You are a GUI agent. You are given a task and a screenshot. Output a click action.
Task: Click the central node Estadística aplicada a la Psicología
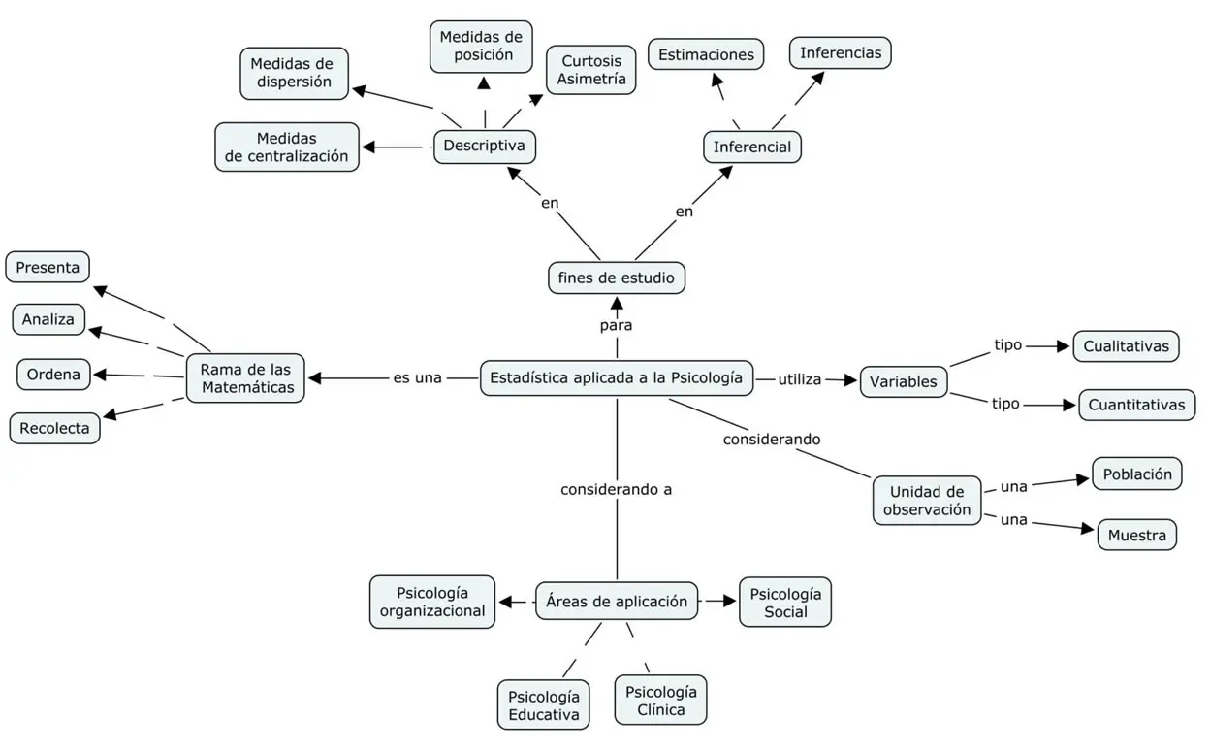(x=617, y=377)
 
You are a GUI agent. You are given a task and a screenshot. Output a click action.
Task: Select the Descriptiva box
(x=485, y=146)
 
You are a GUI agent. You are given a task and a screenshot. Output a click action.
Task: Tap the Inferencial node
(x=752, y=147)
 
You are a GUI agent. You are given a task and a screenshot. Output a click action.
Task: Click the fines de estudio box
(x=617, y=278)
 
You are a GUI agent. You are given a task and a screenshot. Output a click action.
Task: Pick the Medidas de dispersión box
(x=294, y=73)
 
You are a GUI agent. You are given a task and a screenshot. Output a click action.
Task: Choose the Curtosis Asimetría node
(x=591, y=70)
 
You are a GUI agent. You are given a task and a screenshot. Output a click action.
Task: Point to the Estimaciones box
(x=706, y=54)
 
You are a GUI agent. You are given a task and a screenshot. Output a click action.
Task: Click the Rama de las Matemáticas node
(x=246, y=377)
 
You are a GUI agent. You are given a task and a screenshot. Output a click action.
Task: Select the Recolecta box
(x=54, y=428)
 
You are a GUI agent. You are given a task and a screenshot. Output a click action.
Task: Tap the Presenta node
(x=48, y=267)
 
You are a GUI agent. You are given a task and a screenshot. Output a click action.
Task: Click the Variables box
(x=904, y=381)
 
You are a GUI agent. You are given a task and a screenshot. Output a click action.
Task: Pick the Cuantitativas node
(x=1136, y=405)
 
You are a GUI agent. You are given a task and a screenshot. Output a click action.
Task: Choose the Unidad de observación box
(x=927, y=500)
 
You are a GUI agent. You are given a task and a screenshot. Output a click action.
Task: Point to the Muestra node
(x=1136, y=536)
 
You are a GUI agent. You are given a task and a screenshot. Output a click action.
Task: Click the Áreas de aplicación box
(x=617, y=601)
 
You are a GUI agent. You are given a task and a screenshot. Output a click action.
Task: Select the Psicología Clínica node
(x=660, y=701)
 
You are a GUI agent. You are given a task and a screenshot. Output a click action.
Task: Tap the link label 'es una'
(x=417, y=377)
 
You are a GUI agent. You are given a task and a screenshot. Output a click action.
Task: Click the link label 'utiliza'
(x=800, y=379)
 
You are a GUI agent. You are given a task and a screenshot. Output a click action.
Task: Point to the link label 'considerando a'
(x=616, y=489)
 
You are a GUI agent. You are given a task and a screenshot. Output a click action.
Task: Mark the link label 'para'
(x=616, y=325)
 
